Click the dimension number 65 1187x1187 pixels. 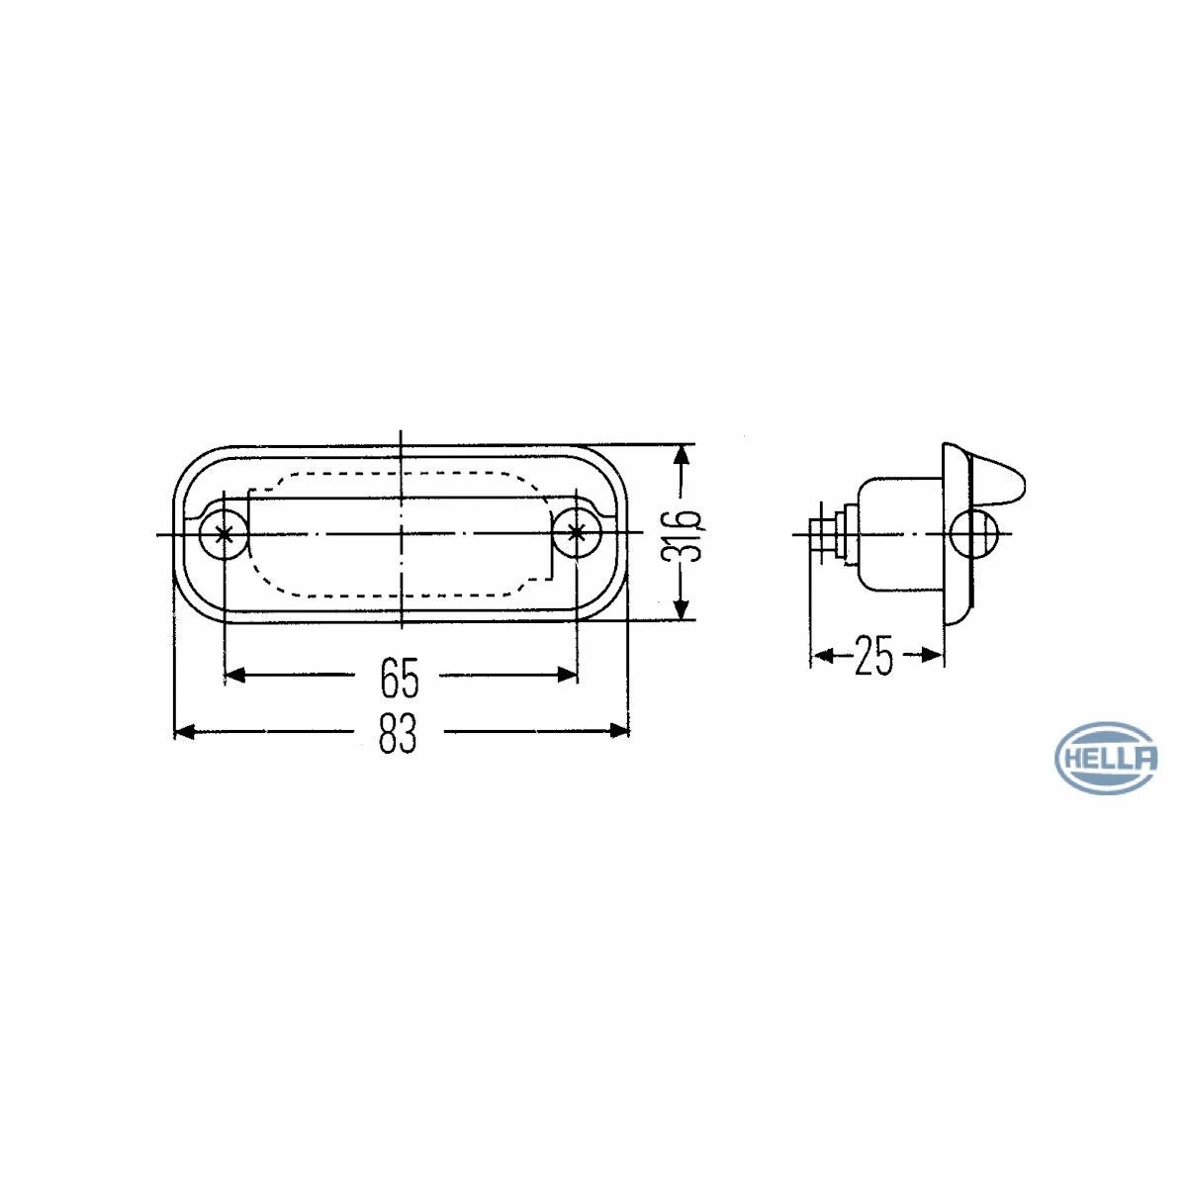(x=400, y=678)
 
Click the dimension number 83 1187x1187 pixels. (x=398, y=734)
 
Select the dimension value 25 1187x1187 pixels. (x=873, y=656)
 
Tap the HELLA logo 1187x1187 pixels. (x=1106, y=759)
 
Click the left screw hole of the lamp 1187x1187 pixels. (x=225, y=533)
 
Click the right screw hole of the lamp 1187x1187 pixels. (x=577, y=533)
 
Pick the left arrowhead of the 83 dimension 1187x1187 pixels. (x=185, y=732)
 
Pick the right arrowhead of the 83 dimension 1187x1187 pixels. (x=619, y=731)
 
